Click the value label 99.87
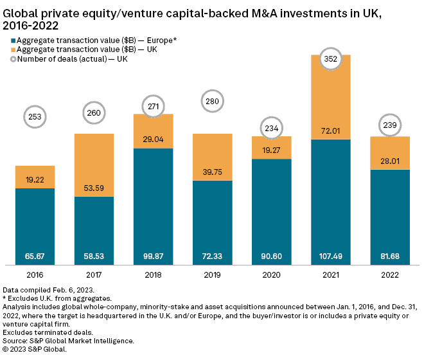154,256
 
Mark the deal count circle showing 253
35,116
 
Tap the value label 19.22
35,181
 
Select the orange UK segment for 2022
391,152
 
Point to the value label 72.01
331,131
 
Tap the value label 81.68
391,256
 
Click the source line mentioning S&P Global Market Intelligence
69,340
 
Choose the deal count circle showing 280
213,101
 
